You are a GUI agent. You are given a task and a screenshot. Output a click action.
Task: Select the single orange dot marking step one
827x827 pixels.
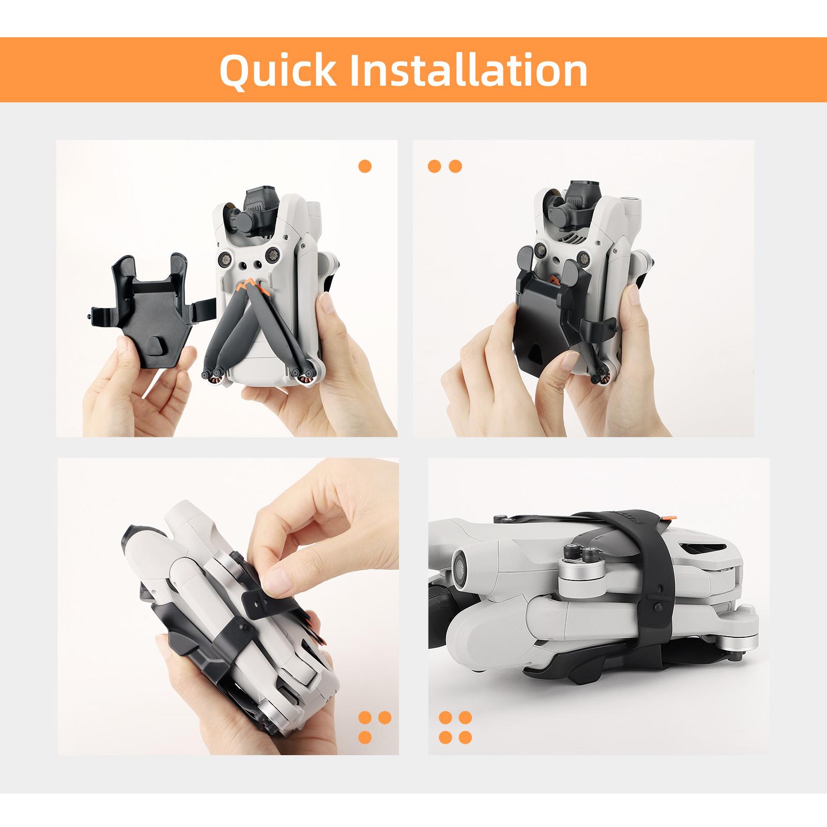(x=365, y=166)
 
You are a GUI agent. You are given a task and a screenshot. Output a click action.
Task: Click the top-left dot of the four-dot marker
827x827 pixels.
(x=446, y=718)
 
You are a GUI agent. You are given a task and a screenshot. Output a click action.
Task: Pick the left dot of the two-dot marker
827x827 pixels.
(x=435, y=166)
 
